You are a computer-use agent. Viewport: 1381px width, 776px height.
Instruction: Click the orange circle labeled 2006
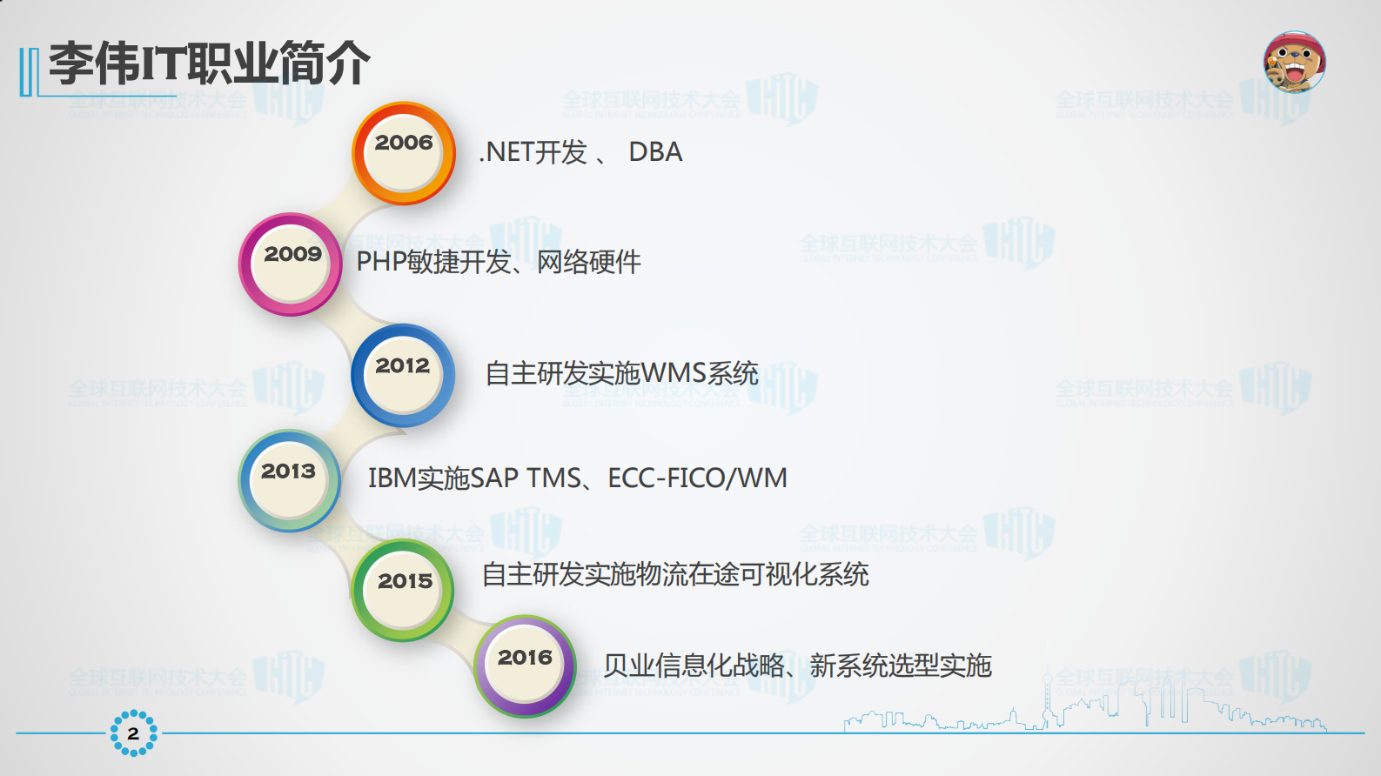404,154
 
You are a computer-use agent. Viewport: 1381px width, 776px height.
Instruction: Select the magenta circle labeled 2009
291,264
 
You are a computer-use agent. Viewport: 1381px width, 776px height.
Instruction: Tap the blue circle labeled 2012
403,375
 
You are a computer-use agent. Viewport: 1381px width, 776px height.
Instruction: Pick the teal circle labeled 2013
289,481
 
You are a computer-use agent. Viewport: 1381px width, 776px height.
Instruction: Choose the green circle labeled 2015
403,591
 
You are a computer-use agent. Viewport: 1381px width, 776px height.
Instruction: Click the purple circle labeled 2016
525,666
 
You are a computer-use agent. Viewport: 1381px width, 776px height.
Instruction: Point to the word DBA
655,152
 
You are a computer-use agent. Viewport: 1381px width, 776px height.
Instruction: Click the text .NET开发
533,152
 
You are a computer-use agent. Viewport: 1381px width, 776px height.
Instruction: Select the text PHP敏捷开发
433,262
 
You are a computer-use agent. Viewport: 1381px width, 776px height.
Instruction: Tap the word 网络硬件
589,262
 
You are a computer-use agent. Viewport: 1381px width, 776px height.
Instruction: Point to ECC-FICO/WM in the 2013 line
697,478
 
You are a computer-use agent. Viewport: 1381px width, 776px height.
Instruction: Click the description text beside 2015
675,574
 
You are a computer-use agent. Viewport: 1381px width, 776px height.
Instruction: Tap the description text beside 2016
797,666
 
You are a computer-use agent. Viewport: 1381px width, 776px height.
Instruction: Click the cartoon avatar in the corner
1294,63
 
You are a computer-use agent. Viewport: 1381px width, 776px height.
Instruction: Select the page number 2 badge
133,733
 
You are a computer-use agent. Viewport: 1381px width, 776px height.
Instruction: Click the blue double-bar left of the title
29,71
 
